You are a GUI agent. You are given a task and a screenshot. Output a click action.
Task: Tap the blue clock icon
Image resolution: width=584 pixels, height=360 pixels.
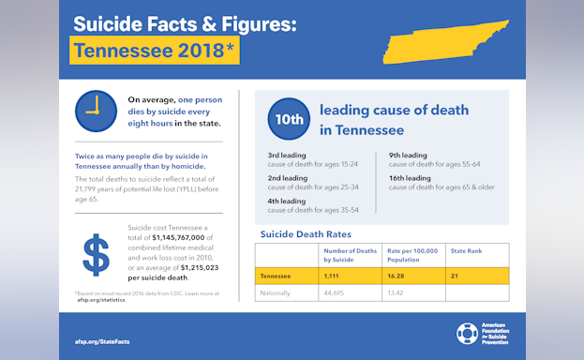pos(95,111)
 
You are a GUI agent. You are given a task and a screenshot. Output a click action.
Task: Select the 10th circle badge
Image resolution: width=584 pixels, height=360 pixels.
pos(288,119)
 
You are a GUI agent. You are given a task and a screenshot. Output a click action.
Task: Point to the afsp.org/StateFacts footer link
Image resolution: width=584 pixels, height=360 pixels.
pos(101,341)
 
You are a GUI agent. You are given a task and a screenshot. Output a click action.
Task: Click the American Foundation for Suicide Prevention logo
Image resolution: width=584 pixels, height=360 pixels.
pos(487,334)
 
